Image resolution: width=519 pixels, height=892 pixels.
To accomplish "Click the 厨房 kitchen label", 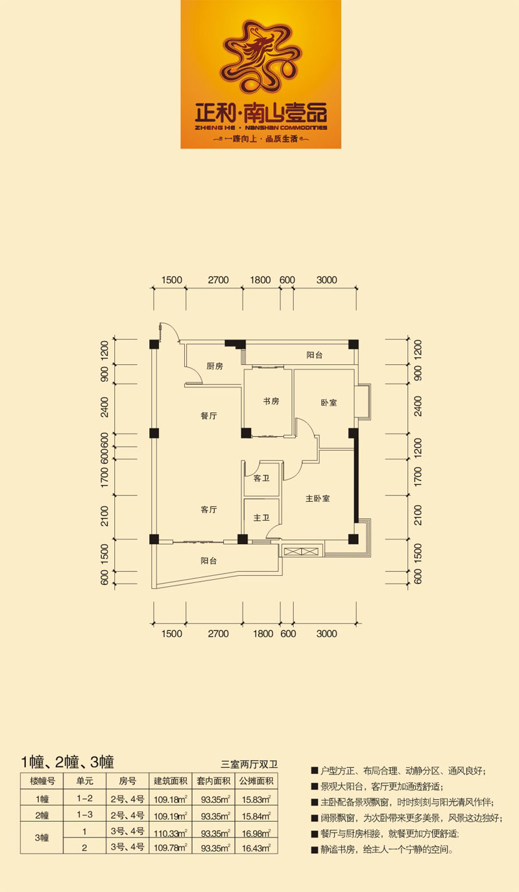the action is point(215,366).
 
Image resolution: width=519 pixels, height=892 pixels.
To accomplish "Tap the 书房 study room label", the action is point(271,401).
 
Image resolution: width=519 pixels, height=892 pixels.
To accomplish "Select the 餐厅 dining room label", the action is point(209,415).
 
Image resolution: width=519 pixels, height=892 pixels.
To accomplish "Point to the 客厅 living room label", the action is point(209,510).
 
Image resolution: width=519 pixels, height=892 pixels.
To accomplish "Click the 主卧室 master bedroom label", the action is point(318,498).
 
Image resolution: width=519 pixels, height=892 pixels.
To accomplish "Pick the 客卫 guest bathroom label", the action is point(261,478).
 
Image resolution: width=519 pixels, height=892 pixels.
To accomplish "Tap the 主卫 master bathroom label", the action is point(261,517).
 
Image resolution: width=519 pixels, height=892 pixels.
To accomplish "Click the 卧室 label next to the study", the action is point(329,403).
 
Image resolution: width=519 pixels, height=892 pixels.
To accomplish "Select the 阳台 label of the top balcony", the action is point(315,355).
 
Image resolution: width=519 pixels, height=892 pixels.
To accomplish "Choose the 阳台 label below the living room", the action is point(208,561).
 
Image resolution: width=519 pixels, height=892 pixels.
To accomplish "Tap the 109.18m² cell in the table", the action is point(171,799).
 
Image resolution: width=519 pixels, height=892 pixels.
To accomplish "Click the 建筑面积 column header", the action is point(171,781).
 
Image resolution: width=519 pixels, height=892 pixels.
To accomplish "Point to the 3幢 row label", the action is point(42,837).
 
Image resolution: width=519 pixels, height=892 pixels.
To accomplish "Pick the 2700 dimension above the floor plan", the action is point(218,280).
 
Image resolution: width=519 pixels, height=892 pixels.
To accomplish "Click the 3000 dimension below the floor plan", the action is point(326,634).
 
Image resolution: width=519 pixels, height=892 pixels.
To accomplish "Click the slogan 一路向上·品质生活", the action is point(261,139).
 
